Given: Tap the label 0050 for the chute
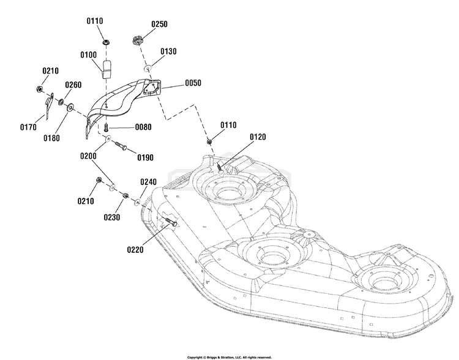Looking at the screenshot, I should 193,83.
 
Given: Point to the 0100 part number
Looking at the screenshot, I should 88,54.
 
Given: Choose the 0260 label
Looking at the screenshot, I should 73,84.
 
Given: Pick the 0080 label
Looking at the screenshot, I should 143,127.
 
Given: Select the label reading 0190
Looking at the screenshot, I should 144,157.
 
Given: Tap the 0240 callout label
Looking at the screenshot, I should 149,182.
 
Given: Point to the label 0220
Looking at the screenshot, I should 136,249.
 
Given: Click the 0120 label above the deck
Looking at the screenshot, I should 259,137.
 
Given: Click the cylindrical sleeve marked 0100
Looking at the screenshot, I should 108,68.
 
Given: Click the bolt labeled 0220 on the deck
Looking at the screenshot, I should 171,223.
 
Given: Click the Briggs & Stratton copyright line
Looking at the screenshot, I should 229,356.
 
